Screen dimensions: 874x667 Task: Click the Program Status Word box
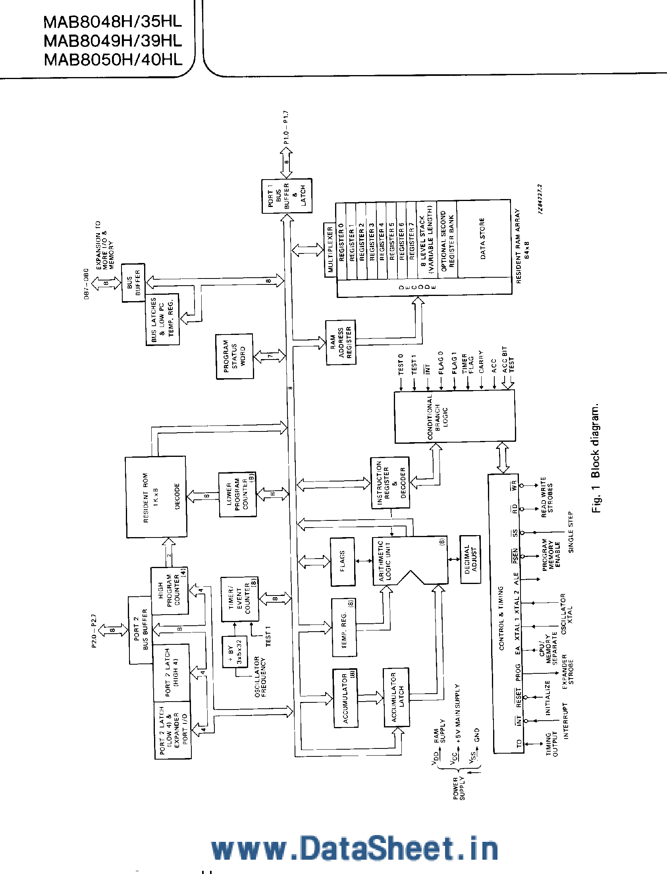click(234, 356)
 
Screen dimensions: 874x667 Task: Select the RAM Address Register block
click(341, 342)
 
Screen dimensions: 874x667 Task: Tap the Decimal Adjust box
click(470, 559)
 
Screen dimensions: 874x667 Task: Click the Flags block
click(342, 562)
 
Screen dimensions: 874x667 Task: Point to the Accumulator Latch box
click(396, 697)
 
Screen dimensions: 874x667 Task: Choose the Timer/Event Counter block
click(240, 599)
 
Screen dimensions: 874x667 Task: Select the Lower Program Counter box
click(237, 495)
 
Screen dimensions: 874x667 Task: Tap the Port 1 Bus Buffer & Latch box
click(287, 196)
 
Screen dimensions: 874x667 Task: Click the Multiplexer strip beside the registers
click(330, 249)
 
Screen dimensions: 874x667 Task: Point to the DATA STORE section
click(483, 239)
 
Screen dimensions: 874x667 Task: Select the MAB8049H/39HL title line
click(113, 41)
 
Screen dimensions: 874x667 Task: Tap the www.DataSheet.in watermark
click(354, 848)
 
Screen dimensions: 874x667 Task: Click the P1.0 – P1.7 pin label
click(286, 128)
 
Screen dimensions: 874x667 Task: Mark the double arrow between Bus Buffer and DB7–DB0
click(106, 283)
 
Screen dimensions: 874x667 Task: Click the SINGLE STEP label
click(571, 532)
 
